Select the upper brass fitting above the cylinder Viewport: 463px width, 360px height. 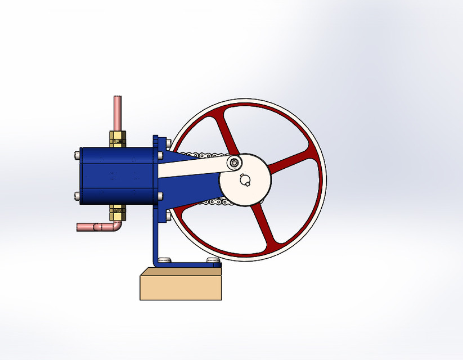point(118,138)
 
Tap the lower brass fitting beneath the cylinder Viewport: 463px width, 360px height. point(117,212)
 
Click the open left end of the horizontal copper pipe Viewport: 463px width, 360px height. point(79,227)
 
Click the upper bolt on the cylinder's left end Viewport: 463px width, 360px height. point(77,154)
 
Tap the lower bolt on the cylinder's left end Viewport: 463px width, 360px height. point(77,196)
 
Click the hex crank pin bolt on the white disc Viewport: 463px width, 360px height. point(234,163)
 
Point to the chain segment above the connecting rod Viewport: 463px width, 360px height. point(197,154)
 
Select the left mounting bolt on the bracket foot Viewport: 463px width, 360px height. point(164,260)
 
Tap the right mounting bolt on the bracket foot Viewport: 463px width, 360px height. point(212,260)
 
